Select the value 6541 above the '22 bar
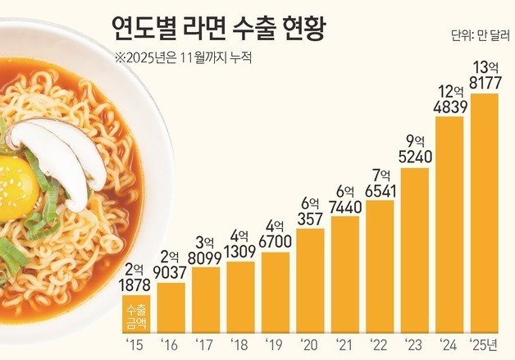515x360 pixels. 379,189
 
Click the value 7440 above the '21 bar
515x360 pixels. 344,205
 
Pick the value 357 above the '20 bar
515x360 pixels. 310,217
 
